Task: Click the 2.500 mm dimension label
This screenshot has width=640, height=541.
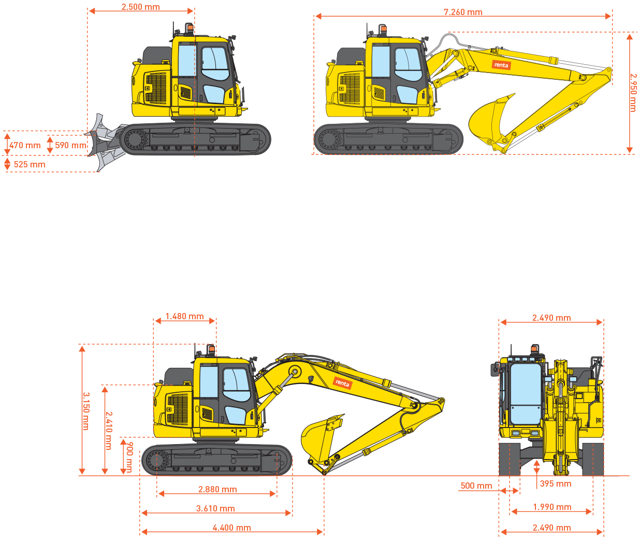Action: (x=141, y=7)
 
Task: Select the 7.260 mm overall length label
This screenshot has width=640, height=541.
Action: (x=463, y=12)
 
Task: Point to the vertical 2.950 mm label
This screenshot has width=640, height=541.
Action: (x=633, y=93)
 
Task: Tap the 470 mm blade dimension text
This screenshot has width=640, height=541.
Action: (x=25, y=145)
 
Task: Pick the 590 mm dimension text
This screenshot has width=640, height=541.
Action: (x=70, y=145)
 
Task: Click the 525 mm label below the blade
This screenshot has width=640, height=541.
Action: (x=30, y=164)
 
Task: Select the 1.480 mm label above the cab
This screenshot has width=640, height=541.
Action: (x=184, y=316)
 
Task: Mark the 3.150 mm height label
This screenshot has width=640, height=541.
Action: (x=86, y=411)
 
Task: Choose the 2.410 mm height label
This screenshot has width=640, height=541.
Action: (x=109, y=431)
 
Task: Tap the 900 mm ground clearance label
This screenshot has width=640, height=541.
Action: (x=129, y=457)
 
